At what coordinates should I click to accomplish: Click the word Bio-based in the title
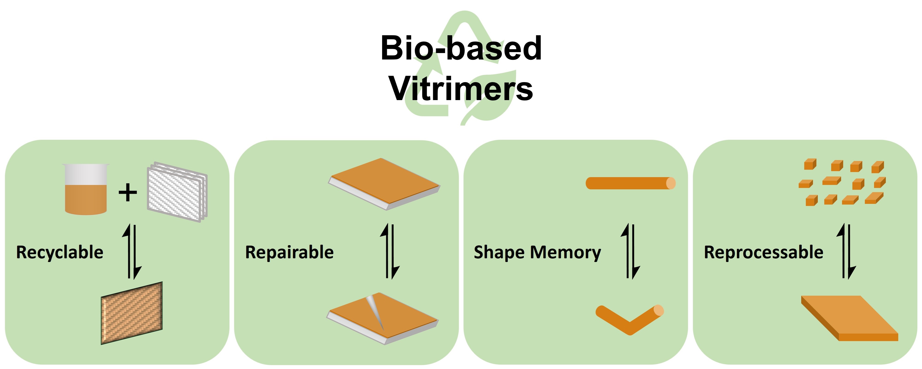pyautogui.click(x=461, y=48)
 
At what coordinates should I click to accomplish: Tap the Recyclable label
pyautogui.click(x=60, y=253)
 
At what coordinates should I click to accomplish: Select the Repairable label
pyautogui.click(x=289, y=252)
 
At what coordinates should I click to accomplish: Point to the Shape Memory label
pyautogui.click(x=537, y=253)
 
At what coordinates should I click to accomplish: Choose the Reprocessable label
pyautogui.click(x=763, y=252)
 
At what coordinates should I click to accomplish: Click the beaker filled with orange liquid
pyautogui.click(x=86, y=189)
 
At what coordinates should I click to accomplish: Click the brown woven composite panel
pyautogui.click(x=132, y=313)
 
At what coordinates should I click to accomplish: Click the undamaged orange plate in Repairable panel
pyautogui.click(x=384, y=184)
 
